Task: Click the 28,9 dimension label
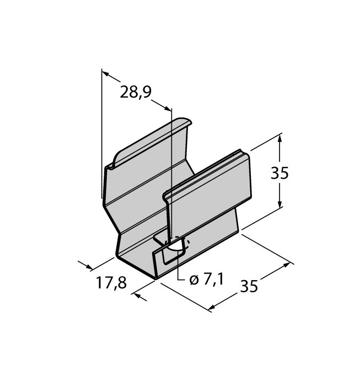pos(136,92)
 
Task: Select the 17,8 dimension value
pos(111,283)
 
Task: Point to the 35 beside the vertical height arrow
pos(280,173)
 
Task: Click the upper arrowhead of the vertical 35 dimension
pos(281,138)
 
